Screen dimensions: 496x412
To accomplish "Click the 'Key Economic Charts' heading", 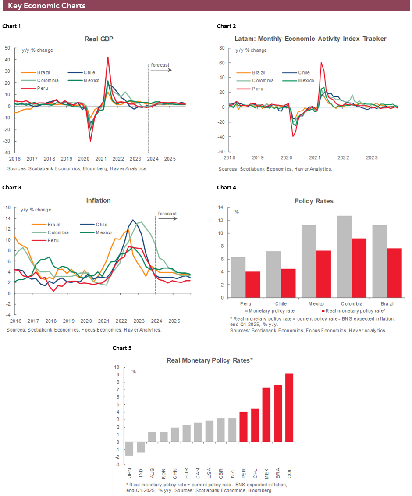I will coord(46,6).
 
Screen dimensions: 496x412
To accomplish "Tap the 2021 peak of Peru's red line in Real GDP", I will coord(108,57).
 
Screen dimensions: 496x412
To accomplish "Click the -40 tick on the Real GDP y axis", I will coord(8,153).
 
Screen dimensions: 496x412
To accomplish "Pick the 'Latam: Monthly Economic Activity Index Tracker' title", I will coord(310,39).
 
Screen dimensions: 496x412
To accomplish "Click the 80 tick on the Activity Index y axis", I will coord(221,48).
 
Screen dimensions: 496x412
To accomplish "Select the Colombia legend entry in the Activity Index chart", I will coord(263,81).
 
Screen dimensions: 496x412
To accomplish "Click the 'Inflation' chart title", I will coord(98,200).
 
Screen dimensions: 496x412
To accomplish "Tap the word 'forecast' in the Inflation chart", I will coord(167,214).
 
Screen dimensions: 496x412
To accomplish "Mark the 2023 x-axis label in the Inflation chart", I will coord(139,321).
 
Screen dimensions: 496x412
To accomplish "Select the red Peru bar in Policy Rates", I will coord(252,285).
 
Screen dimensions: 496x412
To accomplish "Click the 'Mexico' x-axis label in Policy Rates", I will coord(316,304).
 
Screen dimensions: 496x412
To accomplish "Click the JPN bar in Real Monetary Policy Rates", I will coord(129,449).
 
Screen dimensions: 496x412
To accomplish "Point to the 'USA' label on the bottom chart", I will coord(209,474).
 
